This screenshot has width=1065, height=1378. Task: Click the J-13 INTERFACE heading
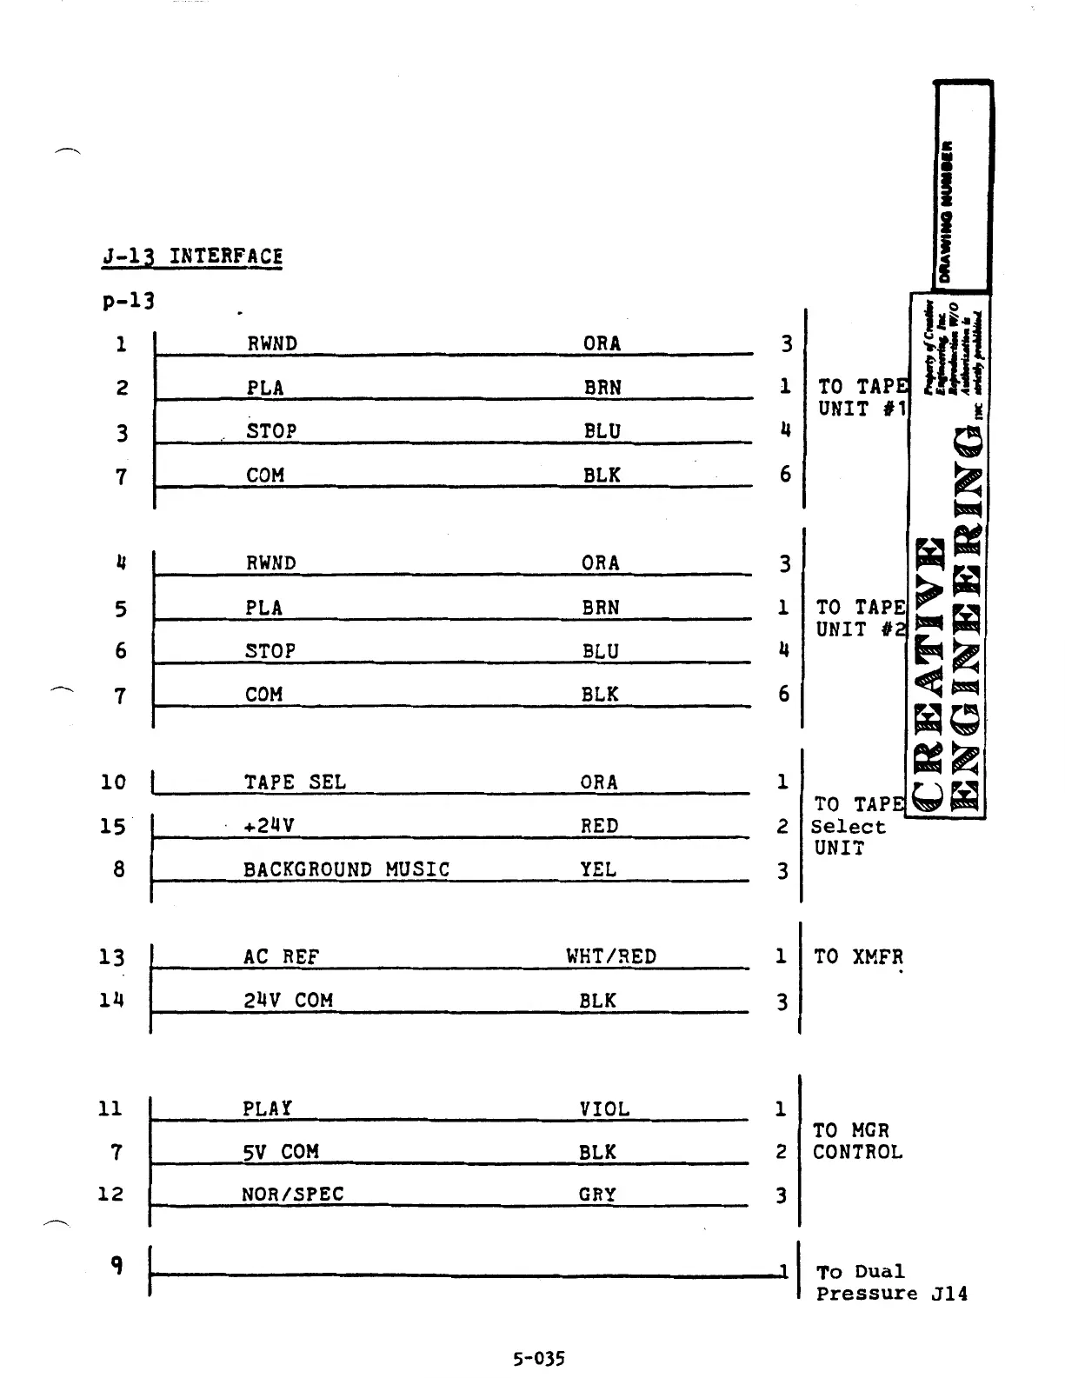tap(191, 256)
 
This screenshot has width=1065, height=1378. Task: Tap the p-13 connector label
tap(128, 301)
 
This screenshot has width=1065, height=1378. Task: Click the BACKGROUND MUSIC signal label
tap(346, 869)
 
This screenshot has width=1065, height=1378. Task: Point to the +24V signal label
tap(270, 826)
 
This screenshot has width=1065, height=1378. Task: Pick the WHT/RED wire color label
tap(611, 957)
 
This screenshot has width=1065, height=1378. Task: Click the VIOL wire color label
tap(604, 1109)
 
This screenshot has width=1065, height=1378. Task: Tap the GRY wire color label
tap(597, 1195)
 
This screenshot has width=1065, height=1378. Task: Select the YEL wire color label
tap(598, 869)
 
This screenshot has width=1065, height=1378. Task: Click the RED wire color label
tap(599, 826)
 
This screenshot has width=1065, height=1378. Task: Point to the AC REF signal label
tap(281, 957)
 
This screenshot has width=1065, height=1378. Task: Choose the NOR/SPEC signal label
tap(292, 1195)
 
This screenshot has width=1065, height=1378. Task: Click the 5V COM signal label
tap(280, 1152)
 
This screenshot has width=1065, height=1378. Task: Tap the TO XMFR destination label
tap(858, 957)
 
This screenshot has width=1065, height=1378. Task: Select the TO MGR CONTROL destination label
tap(857, 1142)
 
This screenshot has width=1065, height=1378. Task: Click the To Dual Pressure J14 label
tap(890, 1282)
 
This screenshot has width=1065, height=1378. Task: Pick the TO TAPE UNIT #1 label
tap(862, 398)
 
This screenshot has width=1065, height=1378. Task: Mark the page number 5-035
tap(538, 1358)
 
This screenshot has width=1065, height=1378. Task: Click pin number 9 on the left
tap(116, 1266)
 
